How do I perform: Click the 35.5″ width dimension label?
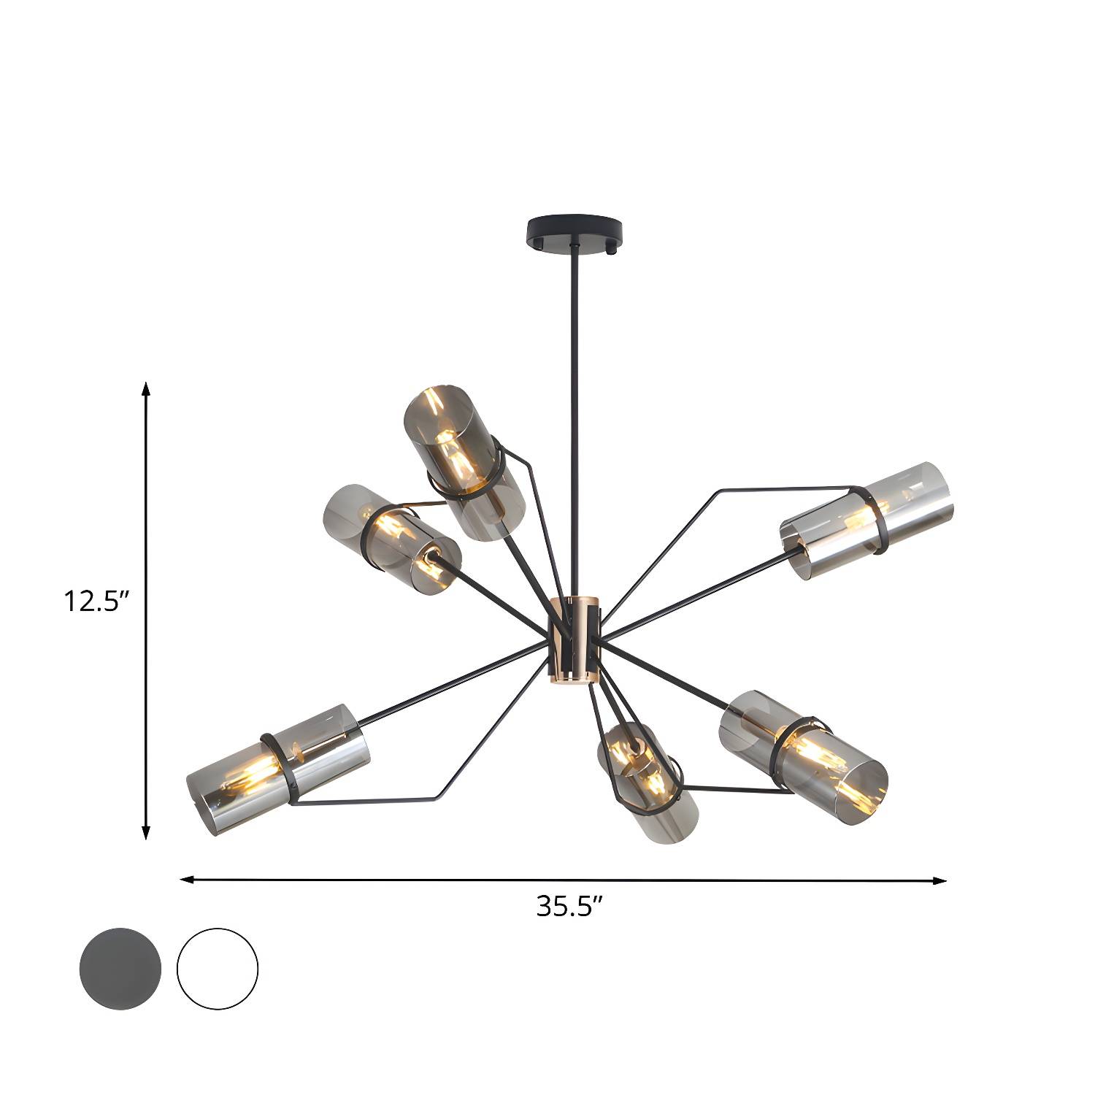(x=569, y=907)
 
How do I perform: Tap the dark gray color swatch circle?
(x=120, y=969)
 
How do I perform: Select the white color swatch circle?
(x=218, y=969)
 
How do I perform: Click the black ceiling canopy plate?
(x=576, y=232)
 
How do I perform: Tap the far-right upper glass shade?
(x=867, y=520)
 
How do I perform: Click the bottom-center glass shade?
(x=646, y=782)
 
